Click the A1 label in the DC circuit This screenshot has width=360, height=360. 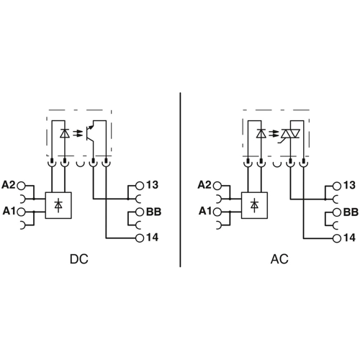coord(9,211)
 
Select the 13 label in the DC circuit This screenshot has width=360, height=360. coord(152,185)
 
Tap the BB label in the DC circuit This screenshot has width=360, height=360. coord(153,212)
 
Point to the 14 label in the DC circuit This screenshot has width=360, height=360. coord(152,238)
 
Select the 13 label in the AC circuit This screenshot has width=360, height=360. coord(349,185)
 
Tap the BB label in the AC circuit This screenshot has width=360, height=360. coord(350,212)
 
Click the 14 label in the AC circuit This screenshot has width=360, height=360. coord(349,238)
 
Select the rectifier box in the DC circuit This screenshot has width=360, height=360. coord(58,205)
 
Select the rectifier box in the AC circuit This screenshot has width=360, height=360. coord(254,205)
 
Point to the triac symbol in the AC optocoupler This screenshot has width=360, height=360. coord(289,134)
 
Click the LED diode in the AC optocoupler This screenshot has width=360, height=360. coord(261,134)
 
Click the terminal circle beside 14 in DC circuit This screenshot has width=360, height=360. coord(139,238)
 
